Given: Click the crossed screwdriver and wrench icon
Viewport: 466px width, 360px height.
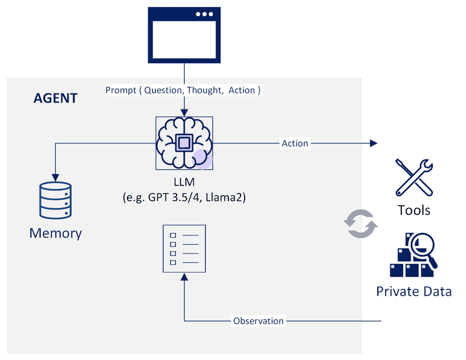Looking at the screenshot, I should coord(414,177).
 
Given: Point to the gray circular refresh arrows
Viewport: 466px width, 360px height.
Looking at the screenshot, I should coord(360,223).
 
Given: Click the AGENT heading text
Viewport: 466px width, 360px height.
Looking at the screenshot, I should coord(55,98).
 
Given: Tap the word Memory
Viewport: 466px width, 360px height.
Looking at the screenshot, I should coord(55,234).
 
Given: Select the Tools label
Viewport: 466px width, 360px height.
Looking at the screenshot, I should coord(414,209).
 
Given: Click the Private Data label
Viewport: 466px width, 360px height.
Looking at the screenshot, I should coord(414,291).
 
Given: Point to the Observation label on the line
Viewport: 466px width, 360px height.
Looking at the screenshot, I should coord(258,321).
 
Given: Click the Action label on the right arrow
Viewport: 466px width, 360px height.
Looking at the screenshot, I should coord(295,143).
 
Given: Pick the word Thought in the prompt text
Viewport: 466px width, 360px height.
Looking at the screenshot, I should coord(204,90).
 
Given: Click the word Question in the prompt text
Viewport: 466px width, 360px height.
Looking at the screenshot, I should coord(163,90).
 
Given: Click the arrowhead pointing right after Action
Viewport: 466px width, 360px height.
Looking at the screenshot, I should coord(373,143).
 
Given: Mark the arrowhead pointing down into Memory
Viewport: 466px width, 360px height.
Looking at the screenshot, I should coord(55,177).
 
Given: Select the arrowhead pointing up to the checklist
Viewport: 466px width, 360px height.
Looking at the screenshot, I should coord(184,278).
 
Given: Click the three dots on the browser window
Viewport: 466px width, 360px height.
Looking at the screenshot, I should coord(204,14).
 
